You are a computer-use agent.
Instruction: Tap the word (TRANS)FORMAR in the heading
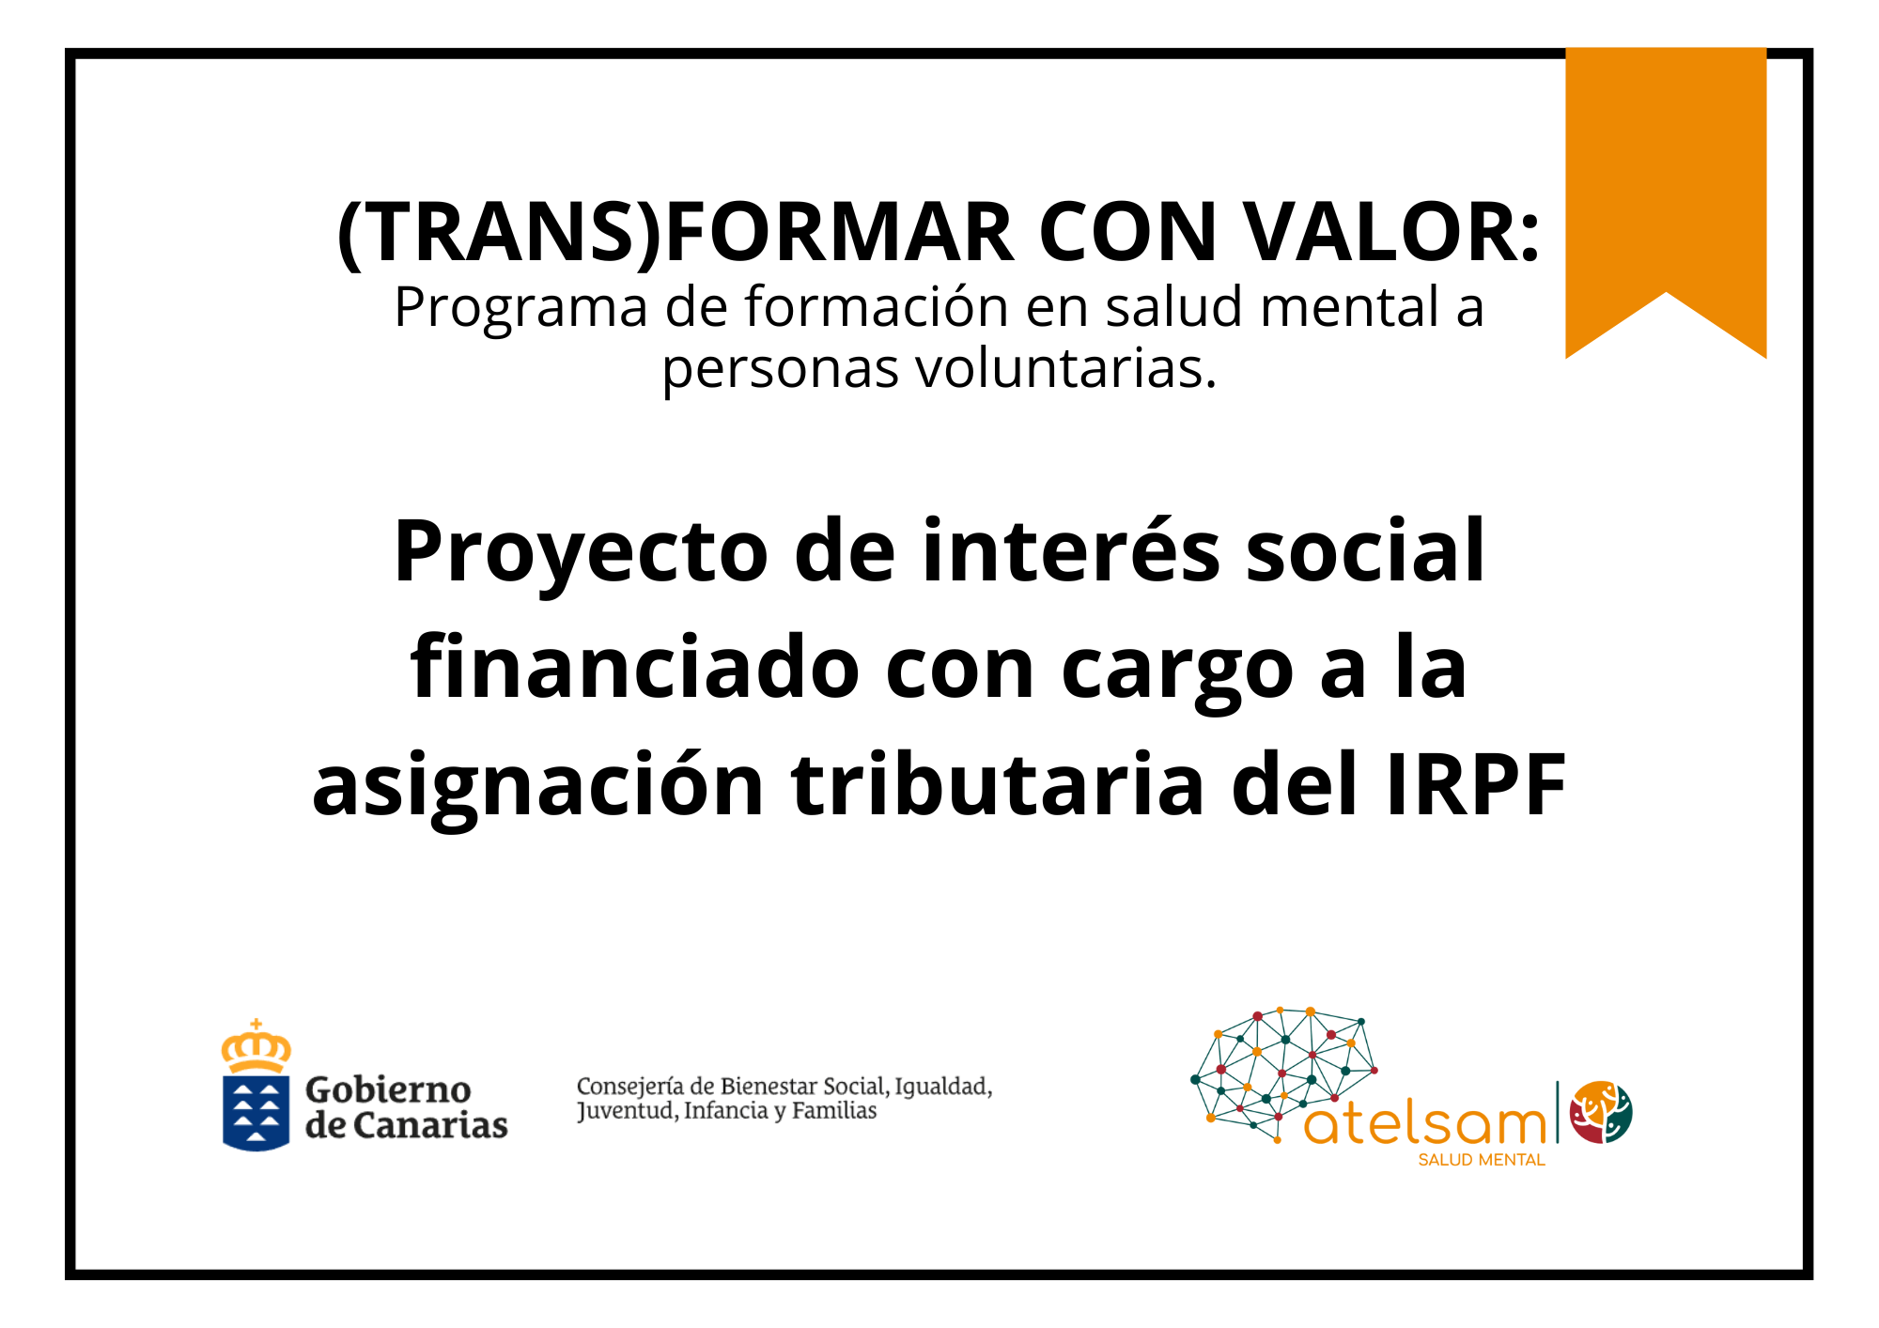pos(676,232)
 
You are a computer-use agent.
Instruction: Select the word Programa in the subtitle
pos(521,308)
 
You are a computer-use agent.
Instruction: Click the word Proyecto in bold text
pos(581,553)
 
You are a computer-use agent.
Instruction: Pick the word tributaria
pos(998,783)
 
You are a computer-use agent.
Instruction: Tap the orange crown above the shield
pos(256,1046)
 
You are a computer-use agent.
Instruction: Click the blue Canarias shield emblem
pos(256,1113)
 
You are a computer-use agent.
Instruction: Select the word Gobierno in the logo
pos(388,1089)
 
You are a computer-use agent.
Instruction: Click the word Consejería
pos(630,1088)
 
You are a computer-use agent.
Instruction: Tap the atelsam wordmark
pos(1425,1122)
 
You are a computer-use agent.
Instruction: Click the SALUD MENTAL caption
pos(1482,1160)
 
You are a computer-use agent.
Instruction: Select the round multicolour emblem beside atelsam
pos(1602,1112)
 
